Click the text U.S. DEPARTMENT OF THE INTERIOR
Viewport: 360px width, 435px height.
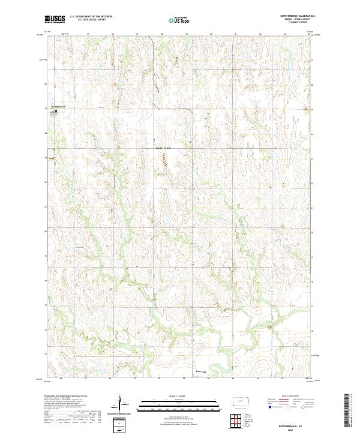91,17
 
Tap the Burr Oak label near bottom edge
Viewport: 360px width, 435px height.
202,372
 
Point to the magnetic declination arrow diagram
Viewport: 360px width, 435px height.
122,406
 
